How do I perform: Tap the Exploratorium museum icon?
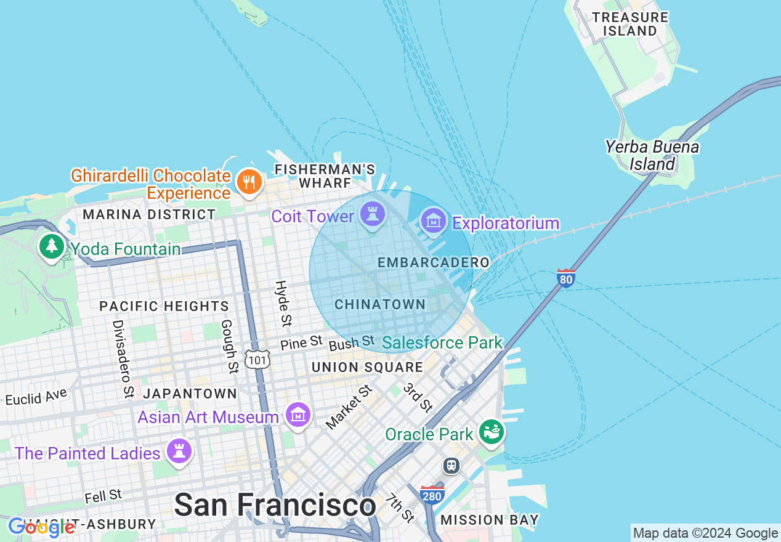point(433,220)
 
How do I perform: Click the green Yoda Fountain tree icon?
point(52,246)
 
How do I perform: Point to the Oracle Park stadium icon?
point(492,432)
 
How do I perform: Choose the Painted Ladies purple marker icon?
point(179,452)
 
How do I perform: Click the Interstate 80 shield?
point(566,278)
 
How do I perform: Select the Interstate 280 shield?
point(432,495)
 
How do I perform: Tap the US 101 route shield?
point(256,358)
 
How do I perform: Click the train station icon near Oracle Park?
point(452,465)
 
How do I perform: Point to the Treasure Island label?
point(629,24)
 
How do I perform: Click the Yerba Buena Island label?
point(652,156)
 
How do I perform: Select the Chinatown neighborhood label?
point(380,304)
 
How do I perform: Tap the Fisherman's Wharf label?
point(325,176)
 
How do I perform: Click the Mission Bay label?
point(490,520)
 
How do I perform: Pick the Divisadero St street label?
point(123,358)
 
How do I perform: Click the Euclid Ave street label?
point(37,397)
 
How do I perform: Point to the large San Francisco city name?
point(275,506)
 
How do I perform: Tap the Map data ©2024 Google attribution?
point(705,533)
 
